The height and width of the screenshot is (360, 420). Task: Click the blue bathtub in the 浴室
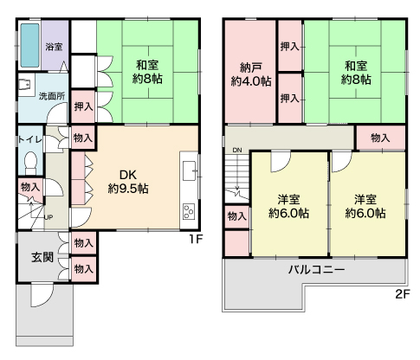coord(29,45)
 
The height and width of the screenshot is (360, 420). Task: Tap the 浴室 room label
coord(54,47)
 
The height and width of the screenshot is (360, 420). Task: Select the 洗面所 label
coord(52,96)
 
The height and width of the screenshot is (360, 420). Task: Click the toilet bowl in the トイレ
coord(30,162)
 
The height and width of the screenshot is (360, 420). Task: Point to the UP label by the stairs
coord(48,217)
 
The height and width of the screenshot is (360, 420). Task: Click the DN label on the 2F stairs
coord(237,150)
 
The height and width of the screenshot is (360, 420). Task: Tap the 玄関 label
coord(42,257)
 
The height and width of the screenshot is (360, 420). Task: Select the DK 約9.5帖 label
coord(128,182)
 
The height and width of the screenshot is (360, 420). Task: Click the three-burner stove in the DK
coord(189,211)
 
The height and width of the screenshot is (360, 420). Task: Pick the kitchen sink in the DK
coord(189,170)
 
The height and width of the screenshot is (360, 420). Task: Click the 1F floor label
coord(196,239)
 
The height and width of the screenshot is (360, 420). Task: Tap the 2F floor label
coord(403,294)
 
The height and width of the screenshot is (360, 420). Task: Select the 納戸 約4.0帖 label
coord(251,75)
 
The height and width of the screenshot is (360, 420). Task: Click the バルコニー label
coord(317,270)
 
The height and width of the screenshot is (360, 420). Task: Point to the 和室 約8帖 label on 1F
coord(147,72)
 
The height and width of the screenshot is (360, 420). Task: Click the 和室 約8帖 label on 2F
coord(356,73)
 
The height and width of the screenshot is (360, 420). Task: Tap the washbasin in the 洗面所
coord(24,85)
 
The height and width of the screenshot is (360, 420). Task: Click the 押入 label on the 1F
coord(83,106)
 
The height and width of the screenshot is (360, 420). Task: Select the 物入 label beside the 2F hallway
coord(380,138)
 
